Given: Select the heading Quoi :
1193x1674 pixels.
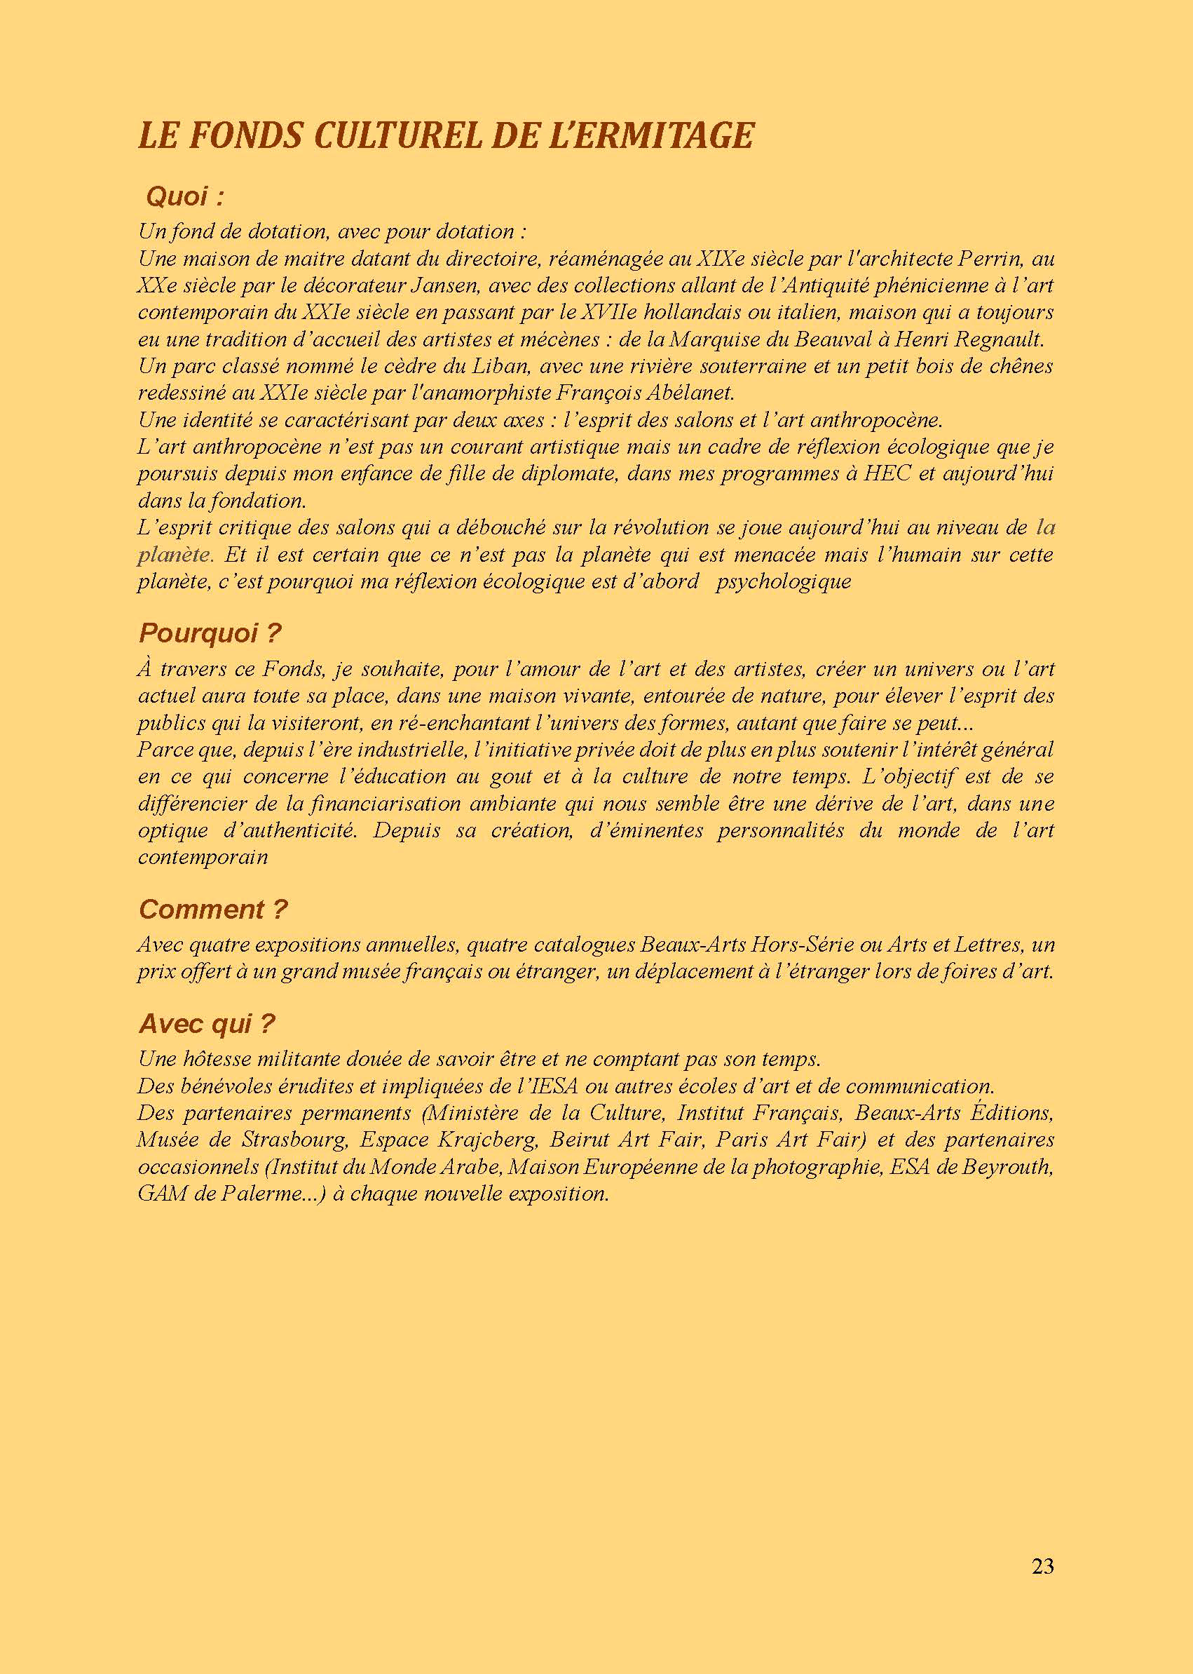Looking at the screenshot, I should tap(184, 197).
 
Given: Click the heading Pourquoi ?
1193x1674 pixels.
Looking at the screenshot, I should tap(210, 633).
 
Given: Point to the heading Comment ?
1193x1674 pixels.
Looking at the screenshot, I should tap(213, 910).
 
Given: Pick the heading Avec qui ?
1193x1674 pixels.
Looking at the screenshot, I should tap(206, 1024).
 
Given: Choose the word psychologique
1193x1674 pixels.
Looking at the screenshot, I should tap(783, 582).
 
